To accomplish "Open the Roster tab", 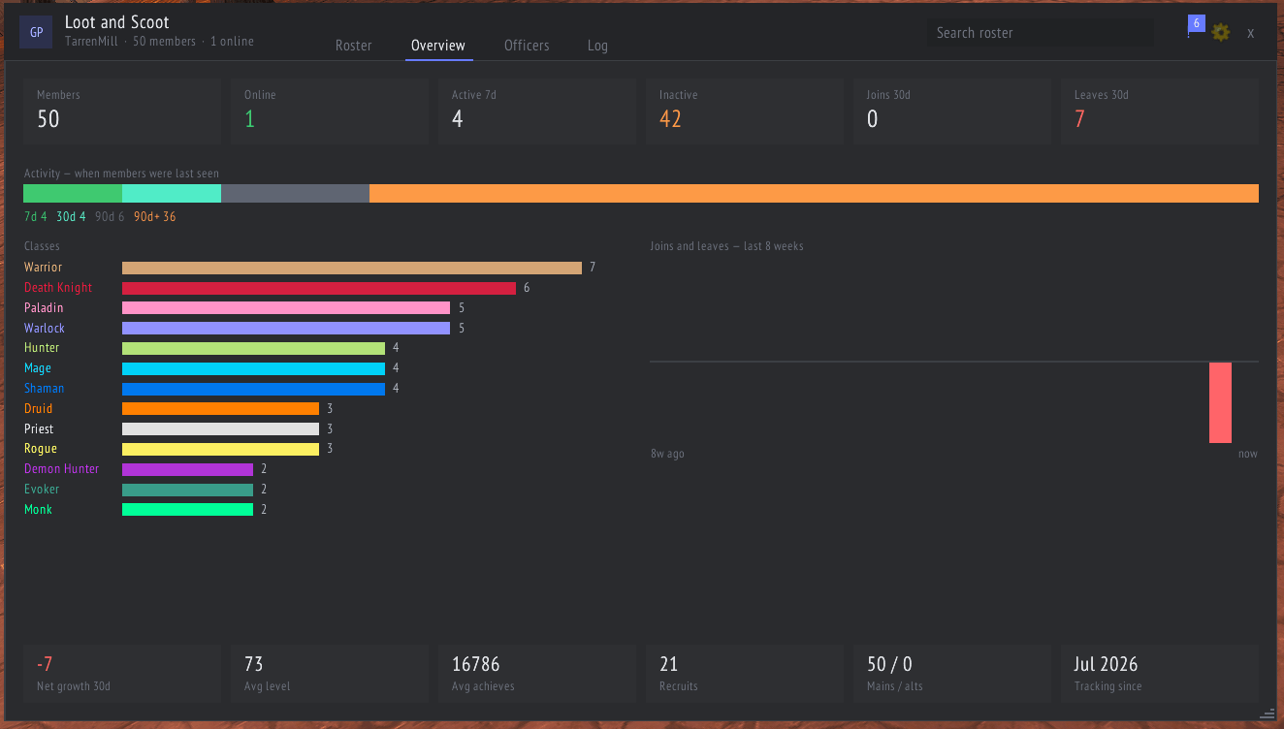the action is pyautogui.click(x=353, y=46).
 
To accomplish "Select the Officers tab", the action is pyautogui.click(x=527, y=46).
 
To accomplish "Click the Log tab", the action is pyautogui.click(x=597, y=46).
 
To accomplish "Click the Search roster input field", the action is pyautogui.click(x=1041, y=33).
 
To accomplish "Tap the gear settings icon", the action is pyautogui.click(x=1220, y=32).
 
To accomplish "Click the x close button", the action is pyautogui.click(x=1250, y=33).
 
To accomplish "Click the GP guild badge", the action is pyautogui.click(x=36, y=32).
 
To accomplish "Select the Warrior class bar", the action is pyautogui.click(x=352, y=268).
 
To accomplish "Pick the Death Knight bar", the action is pyautogui.click(x=319, y=288).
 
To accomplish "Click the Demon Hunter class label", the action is pyautogui.click(x=61, y=469).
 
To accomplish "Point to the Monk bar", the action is pyautogui.click(x=187, y=510).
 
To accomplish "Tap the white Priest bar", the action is pyautogui.click(x=221, y=428).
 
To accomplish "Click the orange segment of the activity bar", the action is pyautogui.click(x=814, y=193).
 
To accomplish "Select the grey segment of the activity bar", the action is pyautogui.click(x=295, y=193).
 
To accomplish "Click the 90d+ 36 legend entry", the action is pyautogui.click(x=155, y=216).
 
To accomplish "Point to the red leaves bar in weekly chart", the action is pyautogui.click(x=1220, y=402).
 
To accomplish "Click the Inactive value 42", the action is pyautogui.click(x=670, y=119).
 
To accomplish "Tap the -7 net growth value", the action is pyautogui.click(x=45, y=664).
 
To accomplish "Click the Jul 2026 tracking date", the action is pyautogui.click(x=1106, y=664).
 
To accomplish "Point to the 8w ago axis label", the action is pyautogui.click(x=667, y=454).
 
